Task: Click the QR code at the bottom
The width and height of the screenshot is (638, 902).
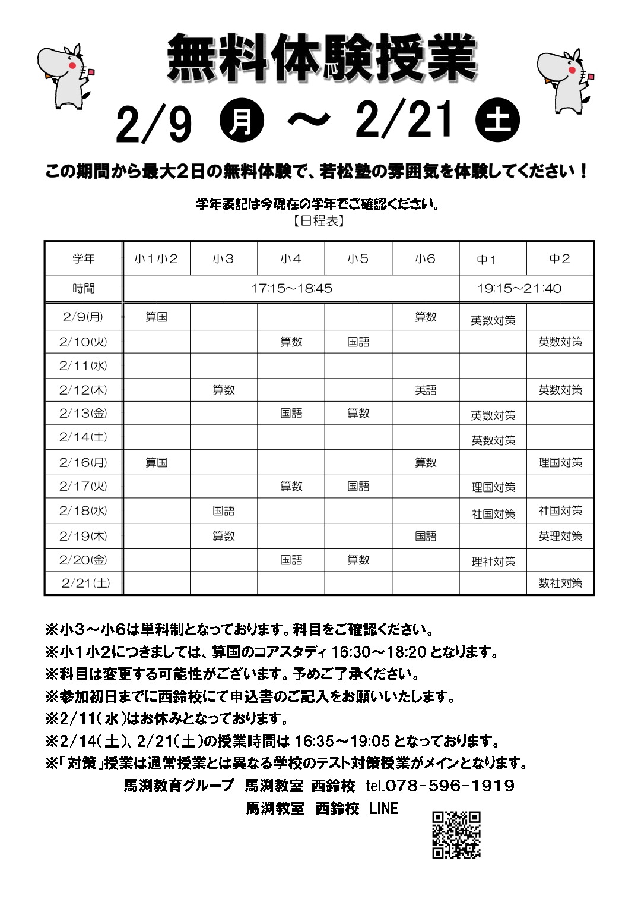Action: pos(456,835)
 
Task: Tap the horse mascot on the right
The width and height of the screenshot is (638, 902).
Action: pos(564,80)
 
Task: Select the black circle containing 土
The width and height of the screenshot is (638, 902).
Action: pos(497,120)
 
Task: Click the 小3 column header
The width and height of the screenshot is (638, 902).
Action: pos(224,258)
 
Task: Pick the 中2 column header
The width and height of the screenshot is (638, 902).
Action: pos(560,258)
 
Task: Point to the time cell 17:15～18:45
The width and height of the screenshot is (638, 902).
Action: pos(291,289)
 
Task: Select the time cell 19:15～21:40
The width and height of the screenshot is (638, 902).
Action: pos(519,289)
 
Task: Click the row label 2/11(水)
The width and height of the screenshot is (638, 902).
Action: pos(83,365)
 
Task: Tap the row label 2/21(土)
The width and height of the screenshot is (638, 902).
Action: pos(85,583)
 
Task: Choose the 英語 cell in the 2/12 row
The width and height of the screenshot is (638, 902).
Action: pos(426,390)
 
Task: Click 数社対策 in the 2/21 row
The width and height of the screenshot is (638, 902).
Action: pos(560,583)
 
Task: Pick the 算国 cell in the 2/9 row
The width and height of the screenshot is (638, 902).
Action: pos(157,317)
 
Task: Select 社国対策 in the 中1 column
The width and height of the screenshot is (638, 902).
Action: pos(493,514)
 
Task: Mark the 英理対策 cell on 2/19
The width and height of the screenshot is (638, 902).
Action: pos(560,536)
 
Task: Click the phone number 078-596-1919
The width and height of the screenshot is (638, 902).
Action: pos(450,786)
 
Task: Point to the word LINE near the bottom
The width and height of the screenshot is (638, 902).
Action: pos(383,808)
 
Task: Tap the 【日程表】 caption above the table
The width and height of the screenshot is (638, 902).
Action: pos(319,221)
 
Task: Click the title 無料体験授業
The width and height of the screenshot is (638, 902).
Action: pos(322,58)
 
